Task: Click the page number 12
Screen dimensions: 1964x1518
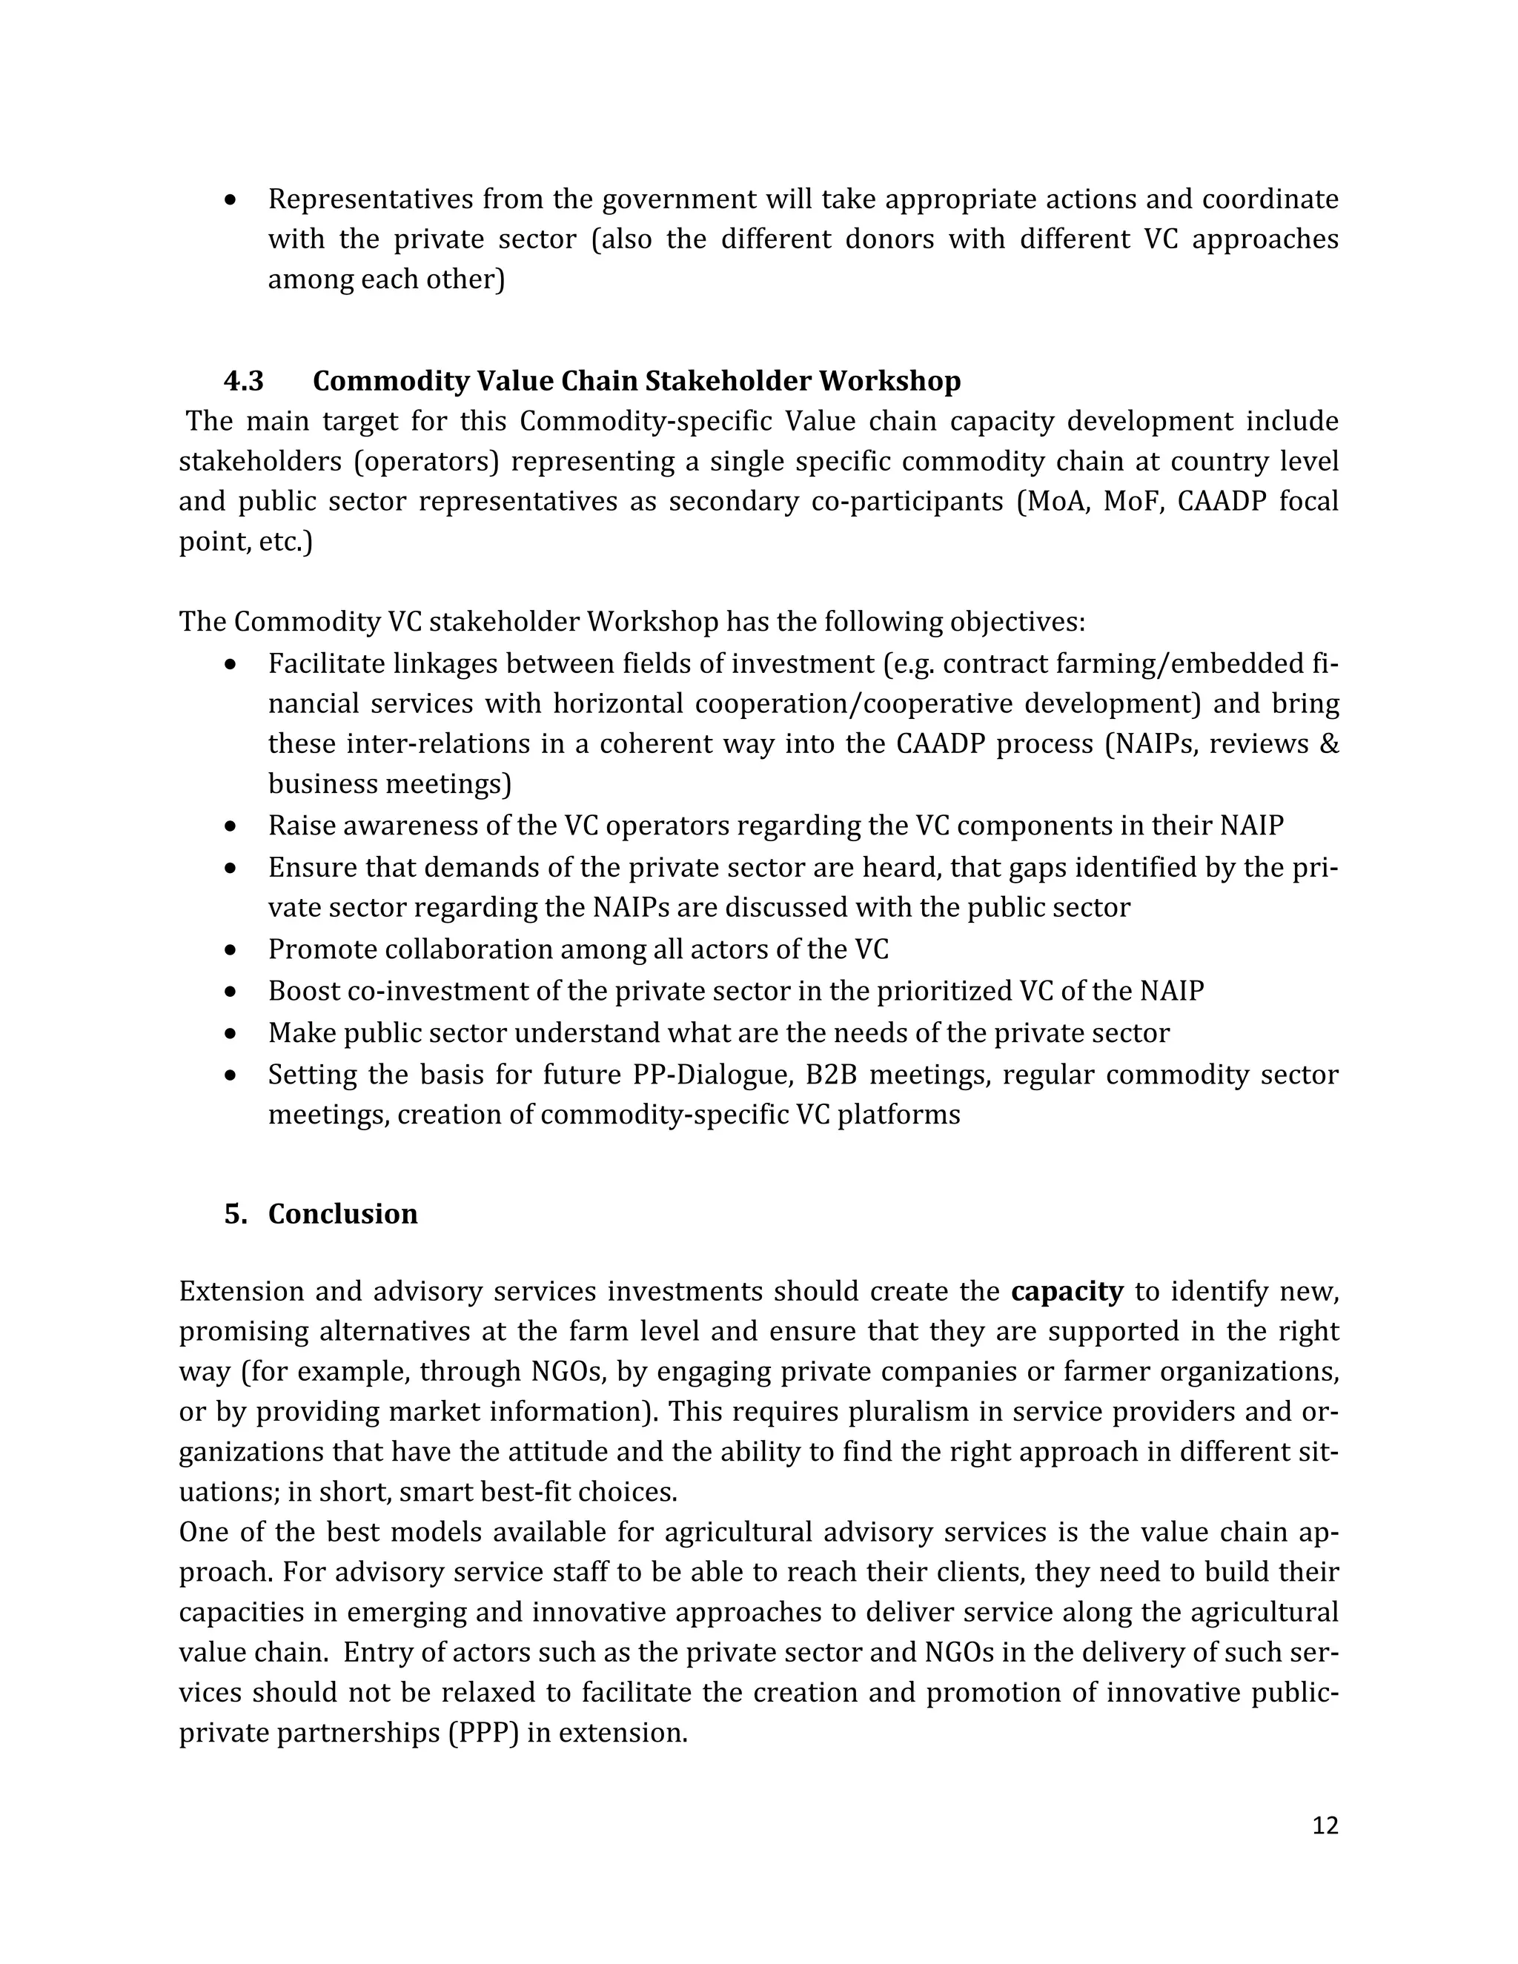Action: (x=1325, y=1825)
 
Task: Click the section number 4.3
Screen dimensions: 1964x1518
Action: (x=244, y=381)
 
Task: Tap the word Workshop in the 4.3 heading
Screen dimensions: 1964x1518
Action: (x=889, y=381)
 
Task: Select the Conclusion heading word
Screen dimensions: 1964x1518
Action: (x=342, y=1214)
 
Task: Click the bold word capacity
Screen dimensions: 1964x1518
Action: (x=1067, y=1291)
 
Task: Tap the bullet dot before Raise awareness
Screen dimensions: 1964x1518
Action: (x=232, y=826)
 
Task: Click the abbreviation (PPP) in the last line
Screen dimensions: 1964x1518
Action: (x=484, y=1732)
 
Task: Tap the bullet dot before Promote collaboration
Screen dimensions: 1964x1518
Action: (x=232, y=949)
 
